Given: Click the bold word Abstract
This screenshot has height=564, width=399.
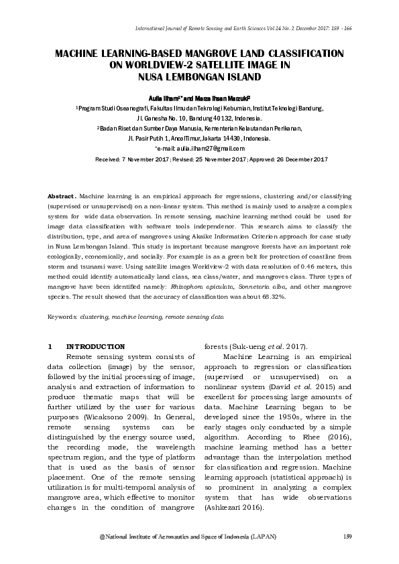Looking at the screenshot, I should [60, 195].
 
